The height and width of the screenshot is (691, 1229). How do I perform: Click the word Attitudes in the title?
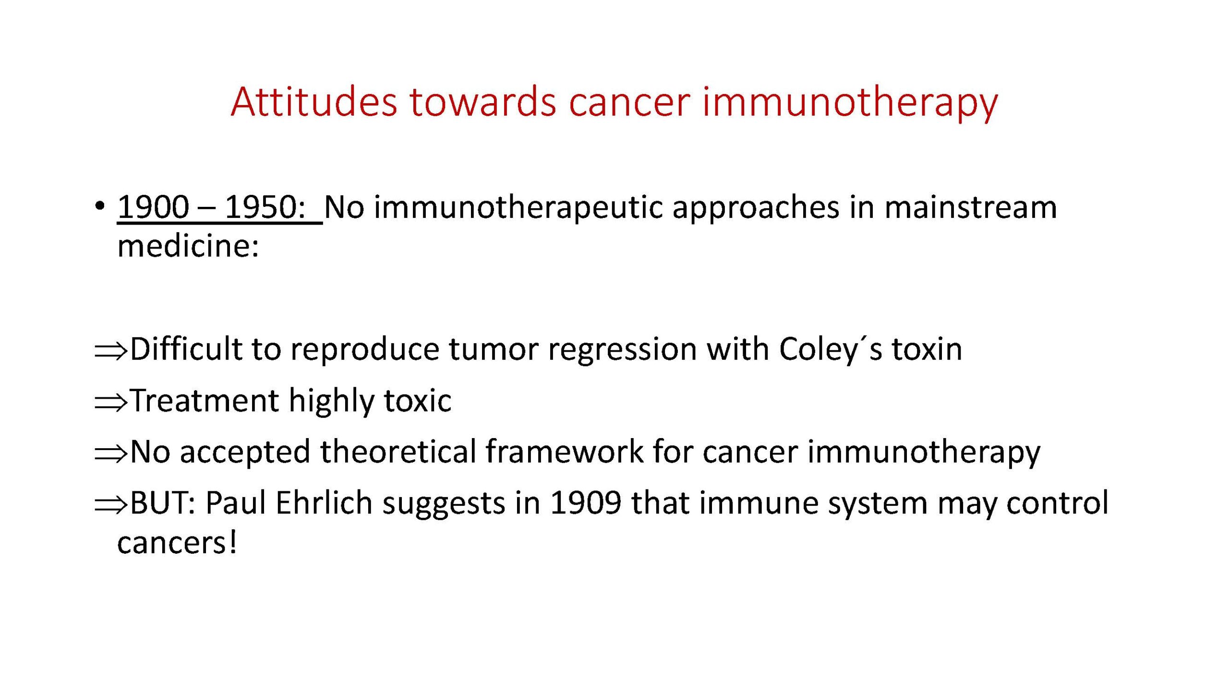pyautogui.click(x=314, y=102)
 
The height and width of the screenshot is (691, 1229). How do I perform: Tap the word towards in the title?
pyautogui.click(x=483, y=102)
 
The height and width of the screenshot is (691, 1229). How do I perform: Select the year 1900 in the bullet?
pyautogui.click(x=153, y=207)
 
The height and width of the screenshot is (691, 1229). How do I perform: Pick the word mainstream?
pyautogui.click(x=971, y=207)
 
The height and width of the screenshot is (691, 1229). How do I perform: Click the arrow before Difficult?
pyautogui.click(x=111, y=351)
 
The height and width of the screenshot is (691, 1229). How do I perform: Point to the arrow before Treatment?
pyautogui.click(x=111, y=403)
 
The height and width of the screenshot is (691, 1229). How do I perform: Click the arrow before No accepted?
pyautogui.click(x=111, y=454)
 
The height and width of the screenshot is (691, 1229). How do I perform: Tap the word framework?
pyautogui.click(x=565, y=452)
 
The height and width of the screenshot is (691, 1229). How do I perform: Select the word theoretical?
pyautogui.click(x=398, y=452)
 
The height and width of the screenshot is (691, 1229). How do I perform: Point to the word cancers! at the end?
pyautogui.click(x=177, y=543)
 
